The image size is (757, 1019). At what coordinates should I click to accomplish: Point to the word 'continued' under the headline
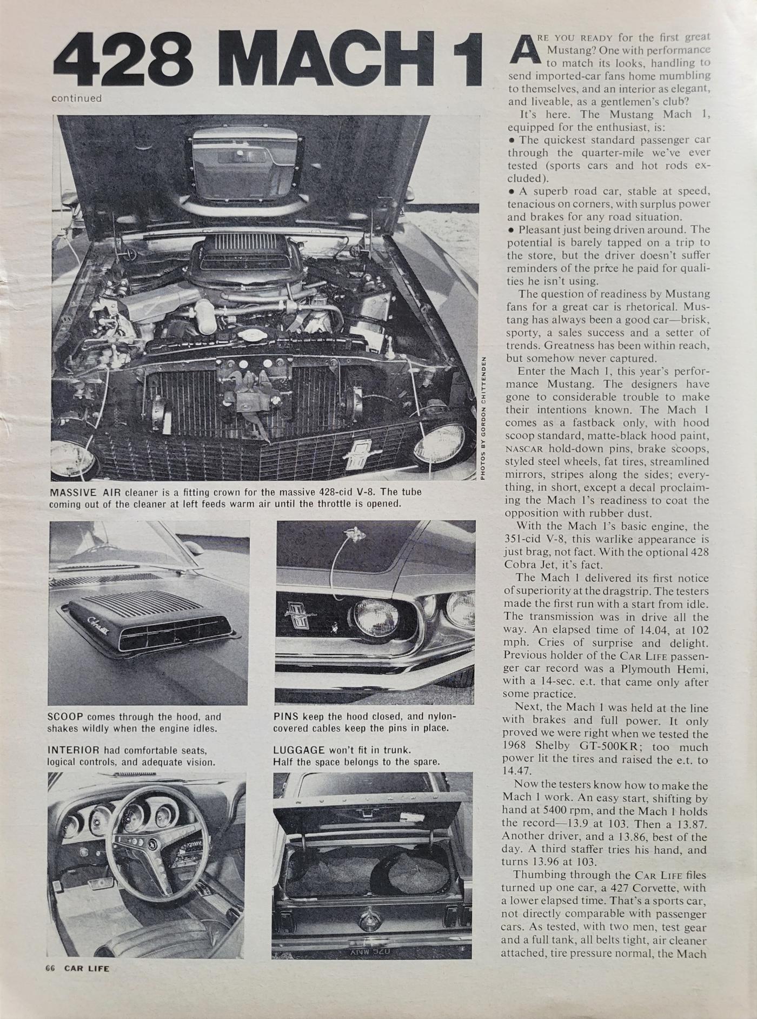click(x=76, y=98)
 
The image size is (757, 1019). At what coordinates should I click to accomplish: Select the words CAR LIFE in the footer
click(x=87, y=968)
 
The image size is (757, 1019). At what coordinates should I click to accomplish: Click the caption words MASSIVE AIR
click(x=85, y=493)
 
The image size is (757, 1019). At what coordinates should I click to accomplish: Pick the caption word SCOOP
click(x=64, y=717)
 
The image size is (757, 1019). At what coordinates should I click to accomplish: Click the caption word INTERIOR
click(x=73, y=751)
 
